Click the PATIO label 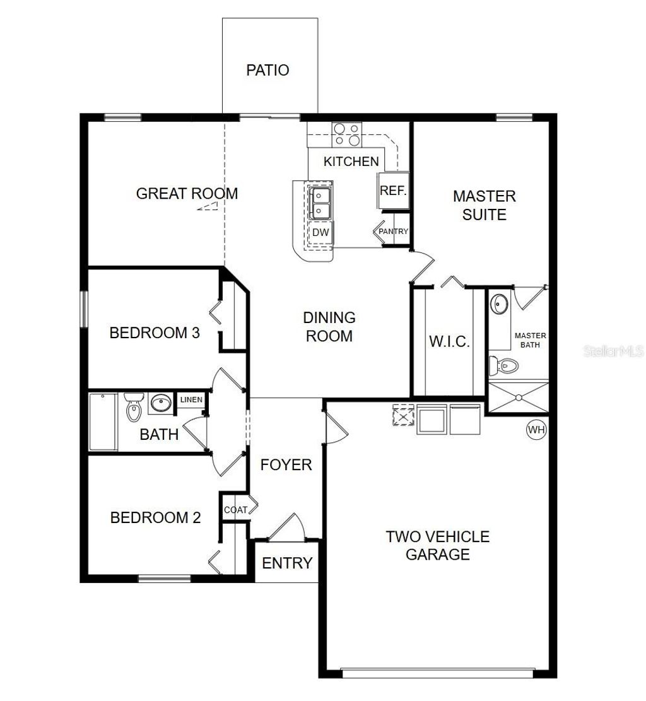click(267, 70)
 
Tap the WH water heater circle click(536, 430)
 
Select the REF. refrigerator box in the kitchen click(393, 190)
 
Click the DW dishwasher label click(320, 233)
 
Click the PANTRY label click(394, 232)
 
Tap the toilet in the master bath click(504, 364)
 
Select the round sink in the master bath click(500, 304)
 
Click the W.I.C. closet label click(449, 342)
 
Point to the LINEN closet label click(191, 400)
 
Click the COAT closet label click(235, 510)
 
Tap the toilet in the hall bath click(134, 409)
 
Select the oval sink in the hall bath click(160, 403)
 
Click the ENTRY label click(287, 563)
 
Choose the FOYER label click(286, 465)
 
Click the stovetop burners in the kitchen click(346, 134)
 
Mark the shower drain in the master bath click(519, 398)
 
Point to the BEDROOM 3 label click(155, 333)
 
